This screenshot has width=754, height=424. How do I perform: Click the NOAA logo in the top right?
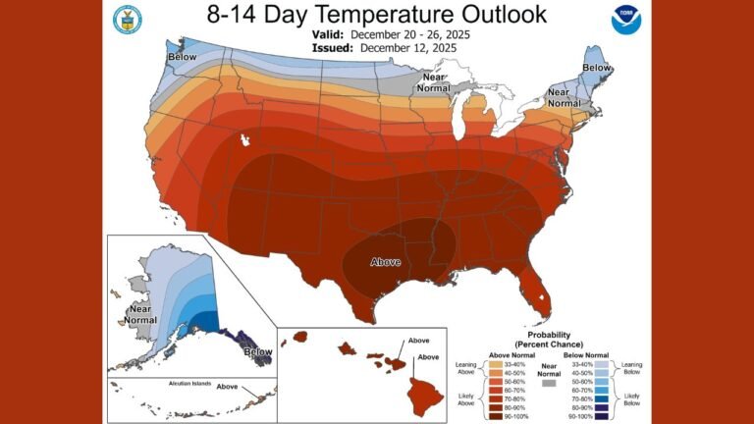pyautogui.click(x=623, y=20)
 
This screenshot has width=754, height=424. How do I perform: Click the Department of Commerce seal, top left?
pyautogui.click(x=127, y=19)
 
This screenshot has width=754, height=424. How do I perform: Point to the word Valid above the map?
pyautogui.click(x=328, y=33)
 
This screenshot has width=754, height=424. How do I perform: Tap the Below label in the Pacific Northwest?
pyautogui.click(x=183, y=57)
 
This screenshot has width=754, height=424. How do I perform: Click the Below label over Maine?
pyautogui.click(x=596, y=67)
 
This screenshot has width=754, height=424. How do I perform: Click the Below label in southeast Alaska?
pyautogui.click(x=257, y=351)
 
